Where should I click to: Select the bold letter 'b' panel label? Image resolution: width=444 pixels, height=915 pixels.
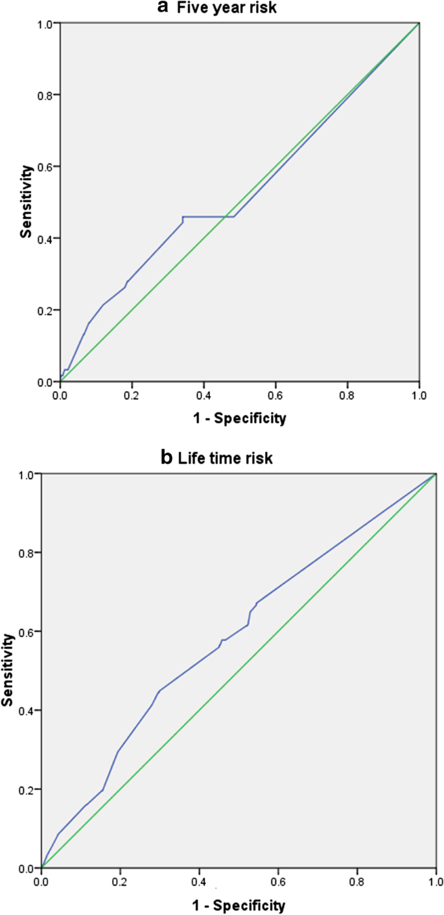point(165,458)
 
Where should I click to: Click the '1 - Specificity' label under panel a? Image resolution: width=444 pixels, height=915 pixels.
point(239,418)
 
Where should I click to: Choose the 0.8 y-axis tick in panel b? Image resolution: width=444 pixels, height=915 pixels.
point(27,552)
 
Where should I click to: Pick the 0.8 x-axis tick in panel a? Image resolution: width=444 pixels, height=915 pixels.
point(347,393)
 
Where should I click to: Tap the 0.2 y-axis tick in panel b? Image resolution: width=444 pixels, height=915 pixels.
point(27,789)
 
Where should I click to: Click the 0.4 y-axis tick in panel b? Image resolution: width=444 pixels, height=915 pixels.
point(27,710)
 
